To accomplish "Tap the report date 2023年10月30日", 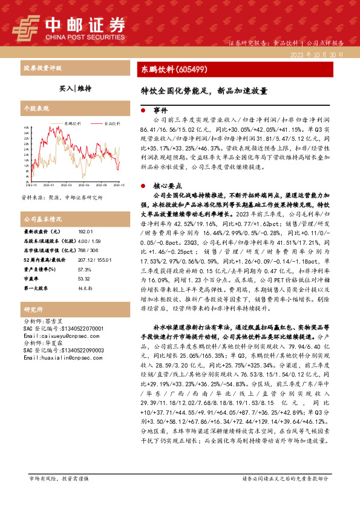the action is (321, 54).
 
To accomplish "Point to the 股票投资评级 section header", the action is (42, 69).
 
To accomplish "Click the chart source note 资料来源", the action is (62, 197).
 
